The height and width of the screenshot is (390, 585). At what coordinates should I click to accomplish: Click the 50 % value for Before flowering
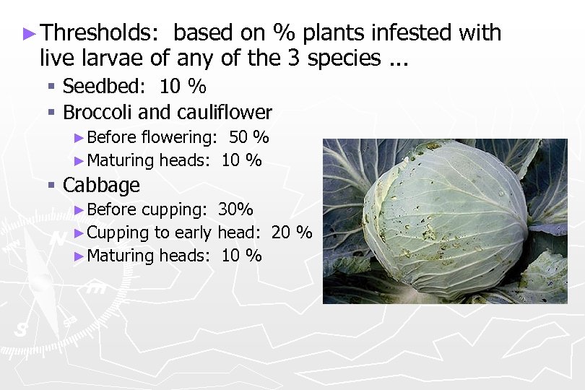click(x=248, y=137)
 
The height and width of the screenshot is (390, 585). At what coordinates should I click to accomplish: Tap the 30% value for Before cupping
click(x=235, y=210)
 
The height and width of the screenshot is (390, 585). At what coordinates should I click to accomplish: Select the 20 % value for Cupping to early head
click(x=292, y=233)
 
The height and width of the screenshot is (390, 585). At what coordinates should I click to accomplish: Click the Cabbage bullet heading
click(x=101, y=185)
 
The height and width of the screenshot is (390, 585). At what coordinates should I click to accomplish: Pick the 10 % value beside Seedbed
click(x=183, y=87)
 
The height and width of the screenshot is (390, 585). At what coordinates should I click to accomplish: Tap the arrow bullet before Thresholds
click(x=29, y=33)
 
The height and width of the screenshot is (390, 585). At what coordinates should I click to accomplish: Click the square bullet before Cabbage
click(x=51, y=186)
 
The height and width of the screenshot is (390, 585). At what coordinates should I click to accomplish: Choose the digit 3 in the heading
click(x=293, y=58)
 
